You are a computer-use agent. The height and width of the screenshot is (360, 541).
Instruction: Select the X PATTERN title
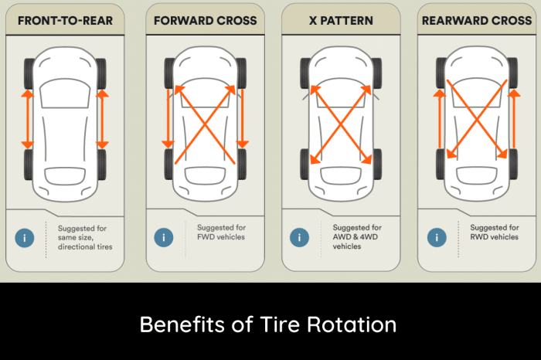point(341,20)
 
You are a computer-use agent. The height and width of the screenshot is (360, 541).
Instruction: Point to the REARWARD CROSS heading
point(476,20)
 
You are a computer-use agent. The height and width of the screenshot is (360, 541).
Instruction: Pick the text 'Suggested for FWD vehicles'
point(221,233)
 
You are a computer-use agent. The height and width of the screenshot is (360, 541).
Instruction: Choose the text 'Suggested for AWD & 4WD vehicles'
point(357,237)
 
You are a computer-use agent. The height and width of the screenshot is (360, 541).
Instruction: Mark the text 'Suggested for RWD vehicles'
point(494,233)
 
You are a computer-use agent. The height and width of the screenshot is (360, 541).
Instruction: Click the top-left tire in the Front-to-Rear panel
point(29,74)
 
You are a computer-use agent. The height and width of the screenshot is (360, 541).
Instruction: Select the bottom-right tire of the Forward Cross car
point(242,164)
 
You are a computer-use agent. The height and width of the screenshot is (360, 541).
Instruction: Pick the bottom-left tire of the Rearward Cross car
point(441,164)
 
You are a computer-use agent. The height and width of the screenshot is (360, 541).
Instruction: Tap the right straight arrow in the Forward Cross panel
point(242,119)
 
